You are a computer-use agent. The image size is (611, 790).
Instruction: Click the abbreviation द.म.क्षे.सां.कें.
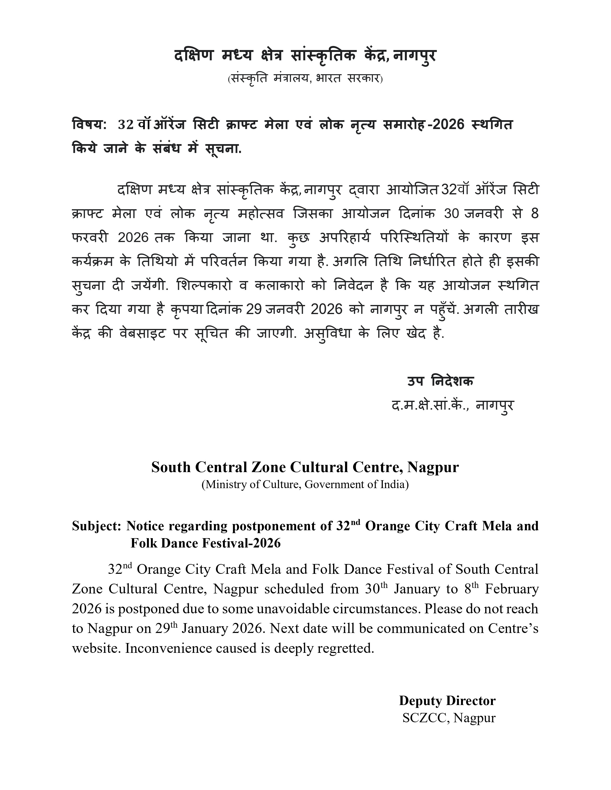click(430, 405)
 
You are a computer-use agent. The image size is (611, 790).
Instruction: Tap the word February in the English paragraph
click(512, 589)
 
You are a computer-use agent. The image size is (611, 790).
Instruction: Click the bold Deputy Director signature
click(447, 701)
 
